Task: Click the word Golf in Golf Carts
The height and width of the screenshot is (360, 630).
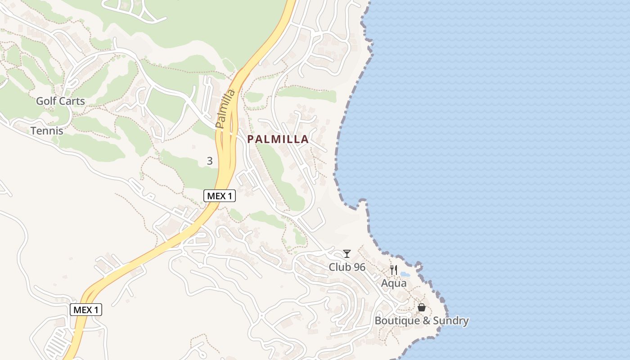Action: point(46,101)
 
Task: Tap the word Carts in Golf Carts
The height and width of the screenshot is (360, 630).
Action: point(72,101)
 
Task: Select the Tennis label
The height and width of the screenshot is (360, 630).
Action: point(47,131)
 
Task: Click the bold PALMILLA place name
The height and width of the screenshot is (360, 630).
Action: point(278,139)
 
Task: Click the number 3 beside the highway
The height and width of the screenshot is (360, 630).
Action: point(210,161)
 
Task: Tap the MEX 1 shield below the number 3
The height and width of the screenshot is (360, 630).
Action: point(220,196)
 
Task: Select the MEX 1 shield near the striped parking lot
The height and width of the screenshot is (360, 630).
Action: point(86,310)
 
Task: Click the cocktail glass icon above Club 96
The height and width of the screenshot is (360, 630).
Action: point(346,254)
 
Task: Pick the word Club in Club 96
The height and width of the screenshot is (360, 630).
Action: point(339,267)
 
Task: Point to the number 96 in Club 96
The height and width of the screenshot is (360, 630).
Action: point(359,267)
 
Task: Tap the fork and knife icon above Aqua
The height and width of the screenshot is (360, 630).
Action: point(394,270)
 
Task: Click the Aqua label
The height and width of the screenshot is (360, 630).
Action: point(394,283)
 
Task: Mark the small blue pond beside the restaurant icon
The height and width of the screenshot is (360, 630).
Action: point(405,274)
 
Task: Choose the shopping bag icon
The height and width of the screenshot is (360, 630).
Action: point(422,307)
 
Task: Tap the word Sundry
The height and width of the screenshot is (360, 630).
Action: point(450,321)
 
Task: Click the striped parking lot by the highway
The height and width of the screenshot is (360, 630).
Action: point(58,342)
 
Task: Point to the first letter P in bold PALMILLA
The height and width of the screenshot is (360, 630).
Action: point(251,139)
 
